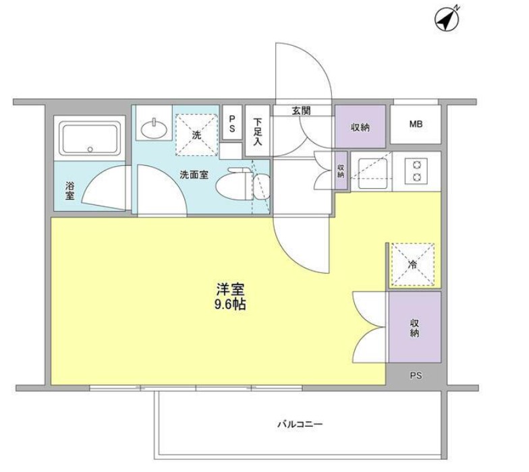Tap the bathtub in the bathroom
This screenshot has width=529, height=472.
tap(90, 138)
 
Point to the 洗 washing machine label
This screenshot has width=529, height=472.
tap(196, 135)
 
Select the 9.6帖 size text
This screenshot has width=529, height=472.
tap(230, 305)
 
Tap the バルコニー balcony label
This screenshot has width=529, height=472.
tap(300, 423)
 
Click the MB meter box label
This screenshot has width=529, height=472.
tap(416, 124)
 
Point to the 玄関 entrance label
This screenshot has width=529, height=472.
tap(301, 111)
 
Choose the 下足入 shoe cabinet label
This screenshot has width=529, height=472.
tap(258, 131)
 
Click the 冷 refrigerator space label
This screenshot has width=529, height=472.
tap(412, 264)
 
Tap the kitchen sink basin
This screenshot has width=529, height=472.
tap(372, 173)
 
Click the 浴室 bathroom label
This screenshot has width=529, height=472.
tap(70, 191)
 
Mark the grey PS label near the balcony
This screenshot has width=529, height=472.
tap(416, 375)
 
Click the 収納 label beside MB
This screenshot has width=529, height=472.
tap(360, 127)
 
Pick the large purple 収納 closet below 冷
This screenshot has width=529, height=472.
tap(414, 327)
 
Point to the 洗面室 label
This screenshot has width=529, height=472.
tap(194, 175)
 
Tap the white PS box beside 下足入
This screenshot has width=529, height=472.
tap(232, 123)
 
